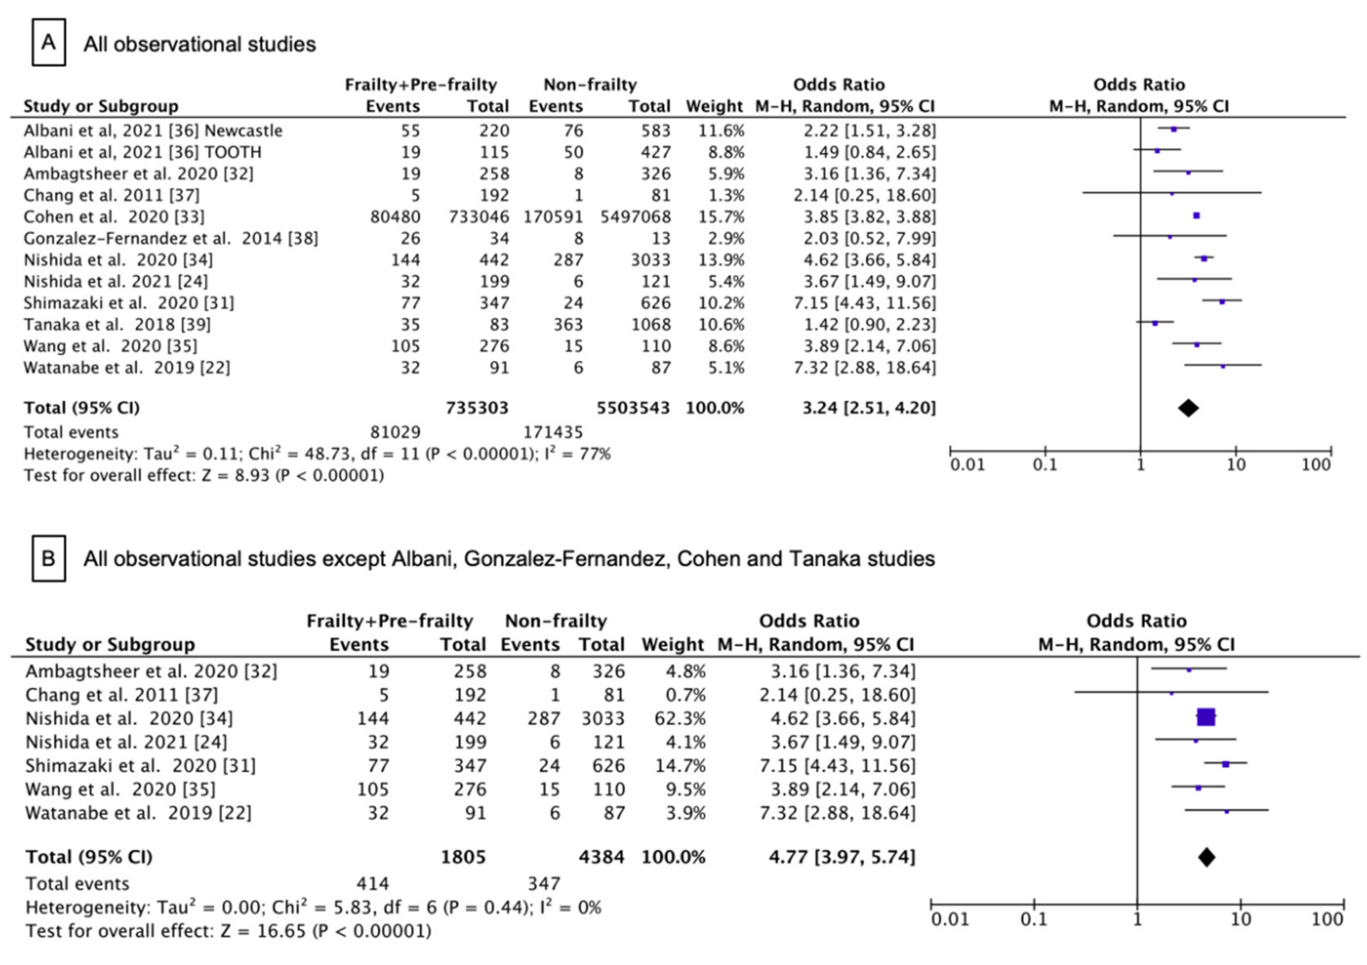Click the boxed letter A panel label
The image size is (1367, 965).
coord(48,43)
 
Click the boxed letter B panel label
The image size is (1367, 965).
coord(48,558)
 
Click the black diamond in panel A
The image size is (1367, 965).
coord(1188,408)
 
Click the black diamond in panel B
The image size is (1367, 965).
coord(1206,857)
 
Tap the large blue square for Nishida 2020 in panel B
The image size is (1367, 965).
coord(1206,718)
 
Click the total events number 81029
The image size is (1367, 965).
coord(395,432)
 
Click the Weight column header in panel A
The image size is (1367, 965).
coord(714,106)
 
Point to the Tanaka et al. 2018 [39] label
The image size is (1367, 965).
coord(117,325)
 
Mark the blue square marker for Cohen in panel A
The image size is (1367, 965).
coord(1197,215)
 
